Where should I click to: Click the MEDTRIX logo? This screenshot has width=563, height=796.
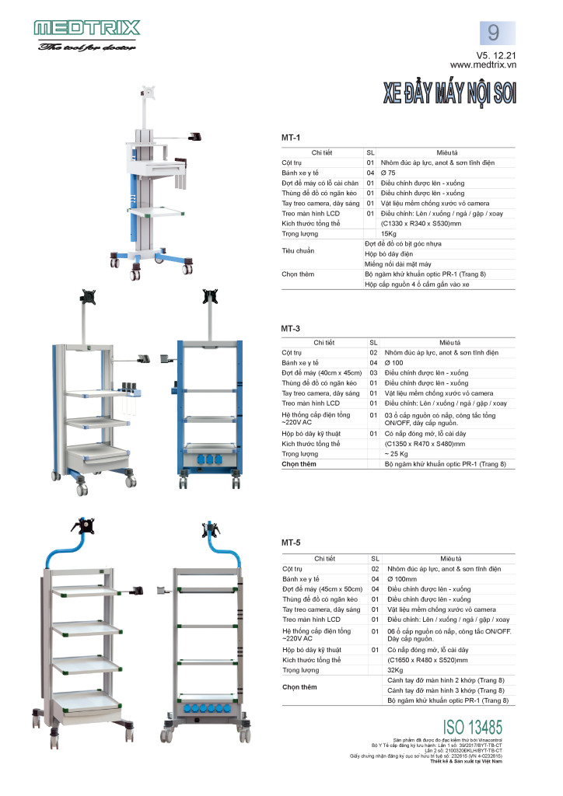[x=86, y=29]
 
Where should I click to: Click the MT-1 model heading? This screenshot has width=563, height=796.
[x=291, y=137]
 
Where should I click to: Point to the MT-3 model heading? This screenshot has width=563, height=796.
[x=291, y=328]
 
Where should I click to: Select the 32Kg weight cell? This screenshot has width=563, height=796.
[x=395, y=670]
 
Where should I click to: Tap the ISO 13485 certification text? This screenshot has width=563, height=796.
[x=472, y=727]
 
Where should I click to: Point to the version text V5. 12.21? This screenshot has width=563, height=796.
[x=495, y=55]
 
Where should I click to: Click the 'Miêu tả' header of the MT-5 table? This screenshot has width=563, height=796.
[x=449, y=558]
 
